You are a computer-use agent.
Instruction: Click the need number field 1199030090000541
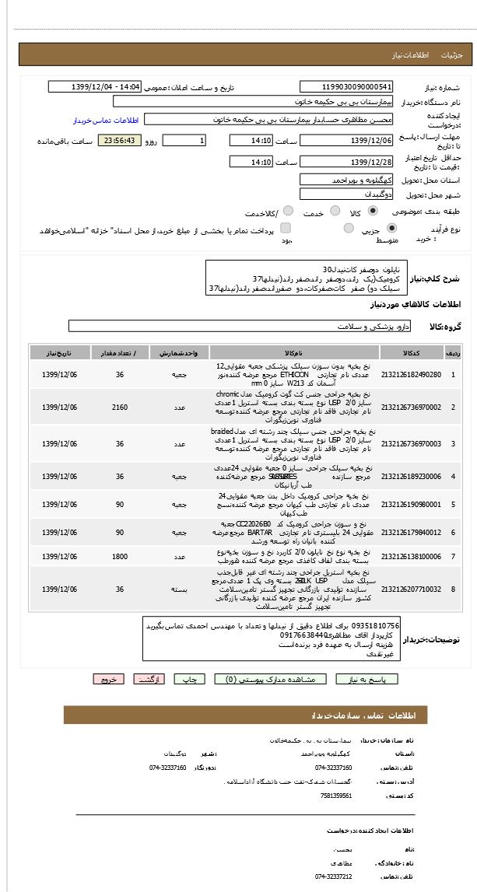point(346,87)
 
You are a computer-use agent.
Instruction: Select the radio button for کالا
point(373,211)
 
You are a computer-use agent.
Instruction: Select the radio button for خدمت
point(335,211)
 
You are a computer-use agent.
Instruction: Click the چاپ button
point(189,679)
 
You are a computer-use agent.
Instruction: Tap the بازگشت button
point(149,679)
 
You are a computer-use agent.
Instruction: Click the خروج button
point(108,679)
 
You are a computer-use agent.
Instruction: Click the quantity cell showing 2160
point(120,408)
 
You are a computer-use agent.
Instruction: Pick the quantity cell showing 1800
point(120,557)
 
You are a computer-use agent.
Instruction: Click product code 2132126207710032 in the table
point(411,589)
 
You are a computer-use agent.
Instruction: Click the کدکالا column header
point(411,353)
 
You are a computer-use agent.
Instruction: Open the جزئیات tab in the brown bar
point(452,56)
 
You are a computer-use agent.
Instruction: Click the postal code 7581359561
point(336,796)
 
